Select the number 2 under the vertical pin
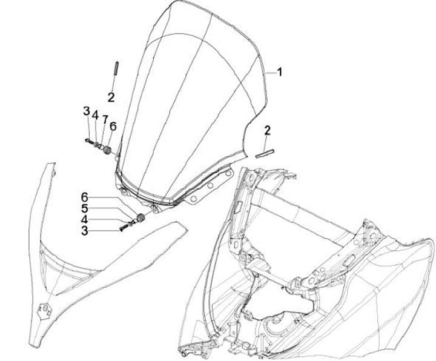pyautogui.click(x=112, y=96)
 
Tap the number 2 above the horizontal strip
pyautogui.click(x=267, y=130)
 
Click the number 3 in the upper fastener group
pyautogui.click(x=87, y=112)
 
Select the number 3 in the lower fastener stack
pyautogui.click(x=85, y=230)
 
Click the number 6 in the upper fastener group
pyautogui.click(x=113, y=127)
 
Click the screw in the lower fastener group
pyautogui.click(x=125, y=228)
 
